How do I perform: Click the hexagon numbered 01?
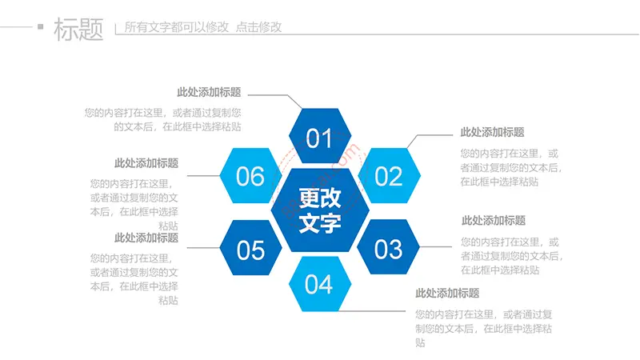pyautogui.click(x=320, y=136)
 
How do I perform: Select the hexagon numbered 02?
pyautogui.click(x=389, y=175)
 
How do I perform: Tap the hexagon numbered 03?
pyautogui.click(x=388, y=247)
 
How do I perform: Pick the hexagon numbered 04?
pyautogui.click(x=320, y=284)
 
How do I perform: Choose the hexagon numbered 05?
pyautogui.click(x=250, y=247)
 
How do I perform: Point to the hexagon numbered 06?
pyautogui.click(x=250, y=175)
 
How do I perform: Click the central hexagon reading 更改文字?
pyautogui.click(x=320, y=210)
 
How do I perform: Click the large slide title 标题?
pyautogui.click(x=78, y=29)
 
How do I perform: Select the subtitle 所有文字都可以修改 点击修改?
pyautogui.click(x=203, y=27)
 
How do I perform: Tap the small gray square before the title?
pyautogui.click(x=41, y=27)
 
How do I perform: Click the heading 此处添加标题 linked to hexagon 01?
pyautogui.click(x=209, y=92)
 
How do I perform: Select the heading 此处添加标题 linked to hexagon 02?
pyautogui.click(x=492, y=132)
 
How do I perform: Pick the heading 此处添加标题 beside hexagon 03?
pyautogui.click(x=494, y=221)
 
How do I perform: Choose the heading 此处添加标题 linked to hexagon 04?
pyautogui.click(x=447, y=293)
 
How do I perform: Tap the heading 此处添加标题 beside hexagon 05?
pyautogui.click(x=146, y=238)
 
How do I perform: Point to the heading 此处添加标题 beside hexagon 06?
pyautogui.click(x=146, y=163)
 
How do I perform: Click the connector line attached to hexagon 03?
pyautogui.click(x=435, y=246)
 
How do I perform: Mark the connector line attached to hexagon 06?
pyautogui.click(x=203, y=175)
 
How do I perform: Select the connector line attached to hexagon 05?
pyautogui.click(x=203, y=247)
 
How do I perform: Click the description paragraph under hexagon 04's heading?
pyautogui.click(x=484, y=328)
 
